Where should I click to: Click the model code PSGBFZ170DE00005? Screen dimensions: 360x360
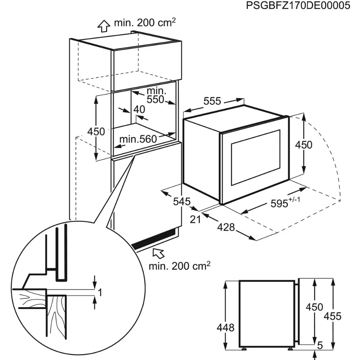tap(298, 6)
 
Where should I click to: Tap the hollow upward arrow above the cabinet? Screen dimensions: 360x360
tap(104, 25)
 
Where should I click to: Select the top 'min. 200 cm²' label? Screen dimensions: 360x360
tap(145, 23)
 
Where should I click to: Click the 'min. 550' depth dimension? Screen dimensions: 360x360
tap(156, 95)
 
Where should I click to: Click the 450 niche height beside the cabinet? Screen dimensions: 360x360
tap(96, 131)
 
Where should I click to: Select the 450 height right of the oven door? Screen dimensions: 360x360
tap(303, 145)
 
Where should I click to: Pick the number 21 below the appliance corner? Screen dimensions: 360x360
tap(195, 219)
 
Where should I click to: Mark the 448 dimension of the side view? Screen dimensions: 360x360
tap(226, 328)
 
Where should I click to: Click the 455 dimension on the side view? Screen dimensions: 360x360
tap(332, 317)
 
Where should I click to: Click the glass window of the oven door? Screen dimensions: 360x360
tap(255, 157)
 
